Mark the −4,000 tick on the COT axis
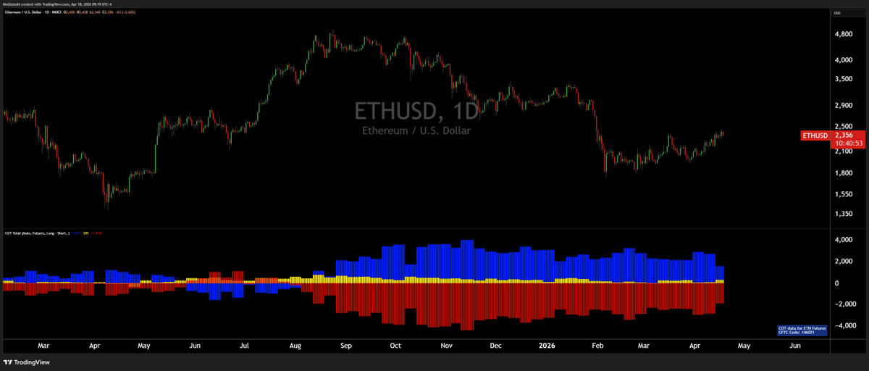coord(843,326)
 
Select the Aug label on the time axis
coord(295,346)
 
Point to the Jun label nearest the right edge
coord(794,346)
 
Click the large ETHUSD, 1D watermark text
coord(416,111)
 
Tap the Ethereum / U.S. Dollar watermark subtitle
coord(416,130)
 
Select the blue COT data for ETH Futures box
coord(802,330)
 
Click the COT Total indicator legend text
coord(36,233)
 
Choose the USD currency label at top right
coord(837,14)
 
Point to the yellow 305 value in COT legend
coord(86,233)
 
